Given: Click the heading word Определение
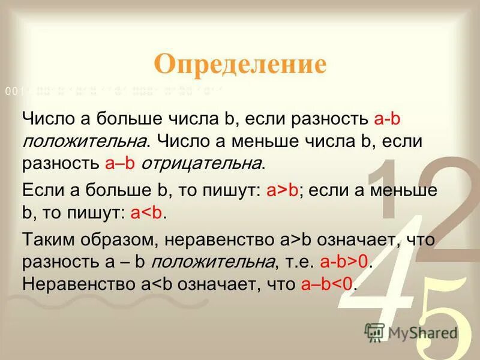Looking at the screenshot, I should (x=240, y=64).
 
